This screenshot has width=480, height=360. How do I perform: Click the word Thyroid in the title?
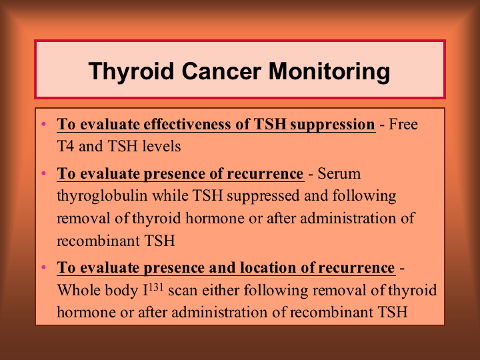(131, 72)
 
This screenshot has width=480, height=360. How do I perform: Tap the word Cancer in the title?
(221, 71)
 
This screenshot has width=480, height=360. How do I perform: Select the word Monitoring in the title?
(329, 72)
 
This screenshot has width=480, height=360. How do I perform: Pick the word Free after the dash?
(403, 124)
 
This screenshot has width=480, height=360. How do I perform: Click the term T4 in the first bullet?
(65, 146)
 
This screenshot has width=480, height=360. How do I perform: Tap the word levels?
(161, 146)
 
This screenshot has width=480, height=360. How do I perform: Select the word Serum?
(339, 173)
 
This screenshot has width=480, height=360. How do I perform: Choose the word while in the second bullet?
(170, 195)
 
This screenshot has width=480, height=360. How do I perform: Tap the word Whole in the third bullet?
(79, 289)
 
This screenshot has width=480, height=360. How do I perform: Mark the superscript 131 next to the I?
(156, 287)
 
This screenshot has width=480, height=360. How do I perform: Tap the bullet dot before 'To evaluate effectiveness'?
(44, 124)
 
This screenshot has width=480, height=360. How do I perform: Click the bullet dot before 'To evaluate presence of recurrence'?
(44, 173)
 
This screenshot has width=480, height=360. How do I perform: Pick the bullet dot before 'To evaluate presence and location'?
(44, 267)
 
